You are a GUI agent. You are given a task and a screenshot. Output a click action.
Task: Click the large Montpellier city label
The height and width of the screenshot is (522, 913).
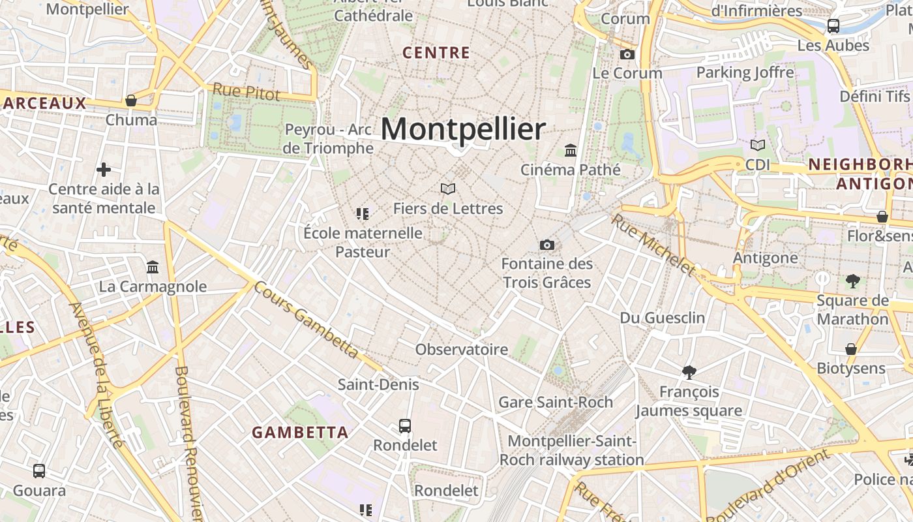(x=463, y=129)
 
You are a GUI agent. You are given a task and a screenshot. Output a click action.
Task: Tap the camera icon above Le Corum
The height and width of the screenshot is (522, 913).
(x=627, y=54)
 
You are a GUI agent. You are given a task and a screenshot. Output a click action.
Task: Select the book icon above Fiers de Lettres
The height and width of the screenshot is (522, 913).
(x=448, y=189)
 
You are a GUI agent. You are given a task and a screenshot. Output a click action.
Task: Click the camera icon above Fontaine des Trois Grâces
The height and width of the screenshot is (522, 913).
(x=547, y=245)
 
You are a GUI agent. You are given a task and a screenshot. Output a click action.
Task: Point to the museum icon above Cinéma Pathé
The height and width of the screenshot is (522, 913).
(x=571, y=150)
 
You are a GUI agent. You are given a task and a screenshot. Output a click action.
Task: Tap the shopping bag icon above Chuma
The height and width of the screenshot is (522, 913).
(x=131, y=100)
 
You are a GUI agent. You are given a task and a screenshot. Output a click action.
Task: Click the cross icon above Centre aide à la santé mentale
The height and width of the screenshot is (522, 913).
(x=103, y=170)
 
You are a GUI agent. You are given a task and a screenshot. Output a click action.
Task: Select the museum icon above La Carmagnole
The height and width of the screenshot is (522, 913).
(x=153, y=267)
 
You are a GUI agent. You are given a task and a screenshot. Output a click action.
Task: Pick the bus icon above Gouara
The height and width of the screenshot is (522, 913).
(x=39, y=470)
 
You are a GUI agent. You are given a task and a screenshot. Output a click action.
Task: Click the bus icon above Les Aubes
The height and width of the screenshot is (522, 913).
(x=833, y=26)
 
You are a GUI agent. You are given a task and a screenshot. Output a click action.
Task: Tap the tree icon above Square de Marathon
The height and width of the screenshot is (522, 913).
(x=852, y=281)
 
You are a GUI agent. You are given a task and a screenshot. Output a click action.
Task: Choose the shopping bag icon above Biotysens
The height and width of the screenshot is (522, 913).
(x=851, y=349)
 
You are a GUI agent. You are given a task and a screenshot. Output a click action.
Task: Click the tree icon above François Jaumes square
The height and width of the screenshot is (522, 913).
(x=689, y=372)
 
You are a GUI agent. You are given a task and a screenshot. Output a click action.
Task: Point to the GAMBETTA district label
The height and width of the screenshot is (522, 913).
(x=300, y=432)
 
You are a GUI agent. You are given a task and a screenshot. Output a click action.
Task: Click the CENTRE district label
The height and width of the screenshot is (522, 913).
(x=436, y=53)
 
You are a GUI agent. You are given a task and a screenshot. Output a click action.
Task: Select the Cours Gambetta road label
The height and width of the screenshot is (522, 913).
(x=306, y=319)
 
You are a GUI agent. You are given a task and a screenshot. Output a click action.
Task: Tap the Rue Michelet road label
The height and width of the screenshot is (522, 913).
(x=653, y=244)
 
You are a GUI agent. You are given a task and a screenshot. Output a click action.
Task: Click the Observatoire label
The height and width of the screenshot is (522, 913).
(x=462, y=349)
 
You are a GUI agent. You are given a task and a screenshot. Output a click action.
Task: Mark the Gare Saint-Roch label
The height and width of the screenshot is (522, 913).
(x=556, y=402)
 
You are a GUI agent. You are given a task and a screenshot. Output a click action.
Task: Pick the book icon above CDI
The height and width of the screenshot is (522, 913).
(x=758, y=145)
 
